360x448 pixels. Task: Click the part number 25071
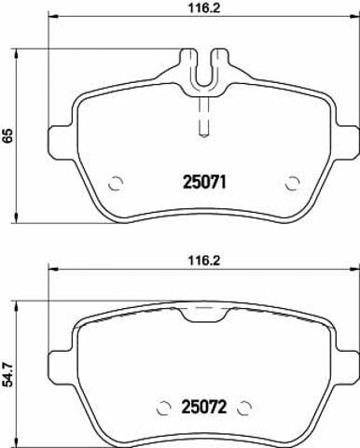pyautogui.click(x=204, y=182)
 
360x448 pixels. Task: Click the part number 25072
pyautogui.click(x=204, y=406)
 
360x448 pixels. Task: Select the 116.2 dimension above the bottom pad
pyautogui.click(x=204, y=260)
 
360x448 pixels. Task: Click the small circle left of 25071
pyautogui.click(x=116, y=183)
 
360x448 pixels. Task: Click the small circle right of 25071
pyautogui.click(x=292, y=183)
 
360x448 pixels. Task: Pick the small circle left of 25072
pyautogui.click(x=164, y=407)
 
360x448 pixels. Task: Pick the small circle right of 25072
pyautogui.click(x=244, y=407)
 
